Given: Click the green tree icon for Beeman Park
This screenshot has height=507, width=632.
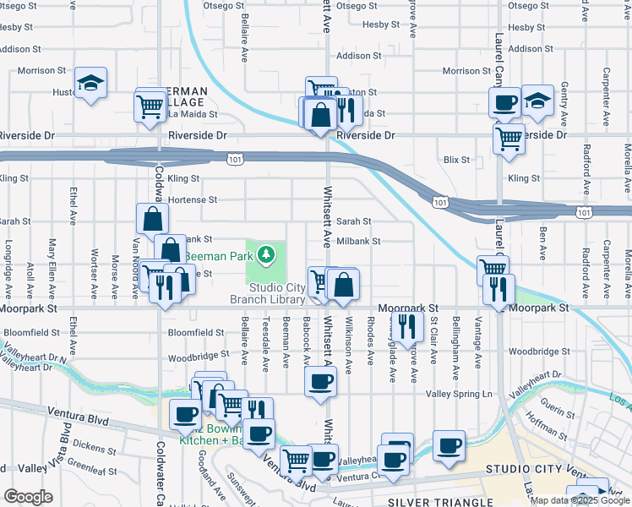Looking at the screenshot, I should [x=267, y=253].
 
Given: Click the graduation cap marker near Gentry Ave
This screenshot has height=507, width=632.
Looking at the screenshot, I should [x=537, y=101].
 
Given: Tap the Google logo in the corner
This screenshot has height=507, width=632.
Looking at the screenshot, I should [x=28, y=497].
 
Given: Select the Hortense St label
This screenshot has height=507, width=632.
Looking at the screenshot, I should [x=193, y=200].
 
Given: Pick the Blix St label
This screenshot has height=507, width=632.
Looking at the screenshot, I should [x=456, y=160].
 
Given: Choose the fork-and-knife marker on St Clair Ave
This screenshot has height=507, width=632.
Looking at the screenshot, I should [x=408, y=326].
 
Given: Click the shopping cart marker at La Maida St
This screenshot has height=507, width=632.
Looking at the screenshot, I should [x=150, y=106].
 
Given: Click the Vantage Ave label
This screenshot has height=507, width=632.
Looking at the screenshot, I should [x=477, y=354].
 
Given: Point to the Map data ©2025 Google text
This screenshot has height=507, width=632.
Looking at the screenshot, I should [x=580, y=500].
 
